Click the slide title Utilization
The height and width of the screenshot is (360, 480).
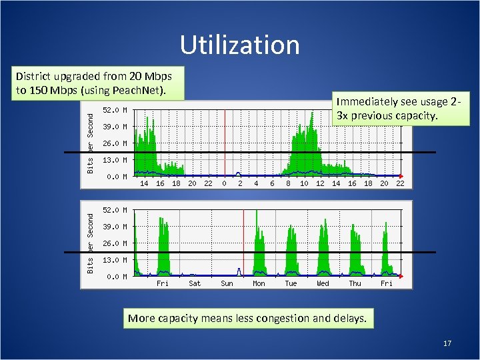(239, 45)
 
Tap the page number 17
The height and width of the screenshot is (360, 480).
(447, 343)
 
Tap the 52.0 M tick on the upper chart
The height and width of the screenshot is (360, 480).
(115, 110)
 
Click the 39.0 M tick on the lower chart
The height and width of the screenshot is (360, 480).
(115, 227)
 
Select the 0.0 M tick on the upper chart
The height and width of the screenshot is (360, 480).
(117, 177)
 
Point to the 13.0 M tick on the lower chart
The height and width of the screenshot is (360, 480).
(115, 260)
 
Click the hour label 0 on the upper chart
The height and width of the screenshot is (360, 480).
(224, 183)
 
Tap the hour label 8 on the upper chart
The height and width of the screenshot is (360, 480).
(288, 183)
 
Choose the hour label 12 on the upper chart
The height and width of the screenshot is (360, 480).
(320, 183)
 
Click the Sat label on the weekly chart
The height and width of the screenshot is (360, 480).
(195, 283)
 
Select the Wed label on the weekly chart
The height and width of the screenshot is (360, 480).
(323, 283)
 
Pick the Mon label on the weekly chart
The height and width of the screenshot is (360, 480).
(259, 283)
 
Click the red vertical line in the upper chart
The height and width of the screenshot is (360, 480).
(225, 140)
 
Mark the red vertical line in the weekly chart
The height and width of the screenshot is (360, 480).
(244, 240)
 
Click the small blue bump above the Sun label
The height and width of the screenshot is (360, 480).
(239, 271)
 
